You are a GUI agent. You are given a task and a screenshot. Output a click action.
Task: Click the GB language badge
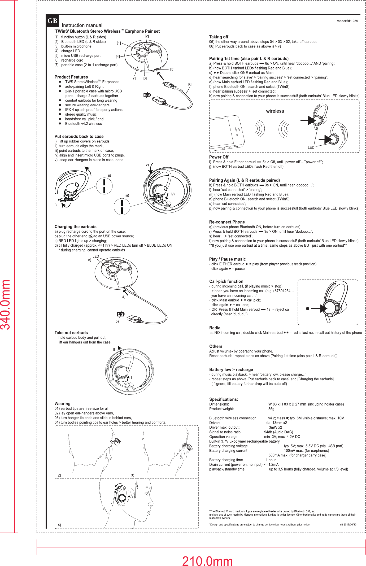(x=52, y=21)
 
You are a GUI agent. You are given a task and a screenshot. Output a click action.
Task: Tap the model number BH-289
(x=347, y=21)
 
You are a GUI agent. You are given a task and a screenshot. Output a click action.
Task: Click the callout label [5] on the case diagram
(x=172, y=69)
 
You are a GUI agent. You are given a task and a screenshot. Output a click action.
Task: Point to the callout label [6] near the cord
(x=190, y=84)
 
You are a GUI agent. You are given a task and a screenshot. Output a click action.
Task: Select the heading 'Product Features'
(x=71, y=77)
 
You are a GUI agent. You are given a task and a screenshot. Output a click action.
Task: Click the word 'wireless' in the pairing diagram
(x=275, y=111)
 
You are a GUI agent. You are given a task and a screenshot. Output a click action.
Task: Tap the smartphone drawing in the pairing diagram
(x=227, y=133)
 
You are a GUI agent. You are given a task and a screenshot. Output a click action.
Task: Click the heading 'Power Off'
(x=219, y=157)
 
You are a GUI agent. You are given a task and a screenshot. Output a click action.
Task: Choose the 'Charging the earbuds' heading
(x=75, y=227)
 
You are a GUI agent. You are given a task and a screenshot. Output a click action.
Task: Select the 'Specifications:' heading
(x=224, y=399)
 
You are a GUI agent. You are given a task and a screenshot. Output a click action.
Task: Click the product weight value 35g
(x=271, y=409)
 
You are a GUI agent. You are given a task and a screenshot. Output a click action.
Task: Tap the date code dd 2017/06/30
(x=348, y=524)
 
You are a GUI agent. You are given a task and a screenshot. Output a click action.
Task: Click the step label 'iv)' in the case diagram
(x=172, y=194)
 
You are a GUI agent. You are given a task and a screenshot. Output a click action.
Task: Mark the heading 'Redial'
(x=215, y=328)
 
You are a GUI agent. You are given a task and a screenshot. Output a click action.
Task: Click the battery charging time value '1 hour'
(x=271, y=460)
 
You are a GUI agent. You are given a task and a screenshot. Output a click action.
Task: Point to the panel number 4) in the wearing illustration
(x=59, y=525)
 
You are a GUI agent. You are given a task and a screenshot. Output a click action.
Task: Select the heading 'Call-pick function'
(x=226, y=281)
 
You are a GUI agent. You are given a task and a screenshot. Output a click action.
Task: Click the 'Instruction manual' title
(x=82, y=25)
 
